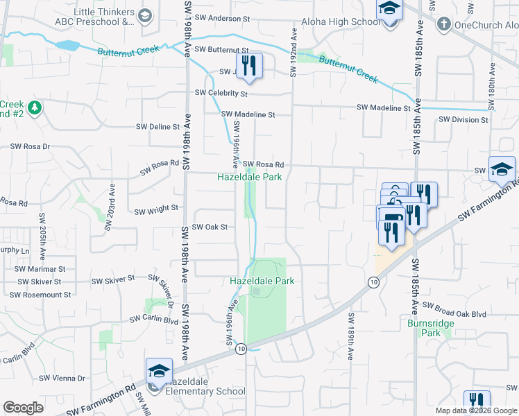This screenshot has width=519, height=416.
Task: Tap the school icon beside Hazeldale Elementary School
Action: point(159,372)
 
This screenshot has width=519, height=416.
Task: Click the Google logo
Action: point(23,408)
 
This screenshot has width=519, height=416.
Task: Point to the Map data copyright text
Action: point(475,410)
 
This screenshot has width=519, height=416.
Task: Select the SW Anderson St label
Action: point(223,18)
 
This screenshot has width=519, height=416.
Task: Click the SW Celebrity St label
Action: point(221,93)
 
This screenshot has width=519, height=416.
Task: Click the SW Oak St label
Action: point(210,227)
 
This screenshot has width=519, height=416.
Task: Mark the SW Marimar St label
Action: point(41,268)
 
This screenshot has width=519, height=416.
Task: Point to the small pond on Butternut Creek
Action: point(67,46)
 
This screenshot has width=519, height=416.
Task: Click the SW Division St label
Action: point(463,120)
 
